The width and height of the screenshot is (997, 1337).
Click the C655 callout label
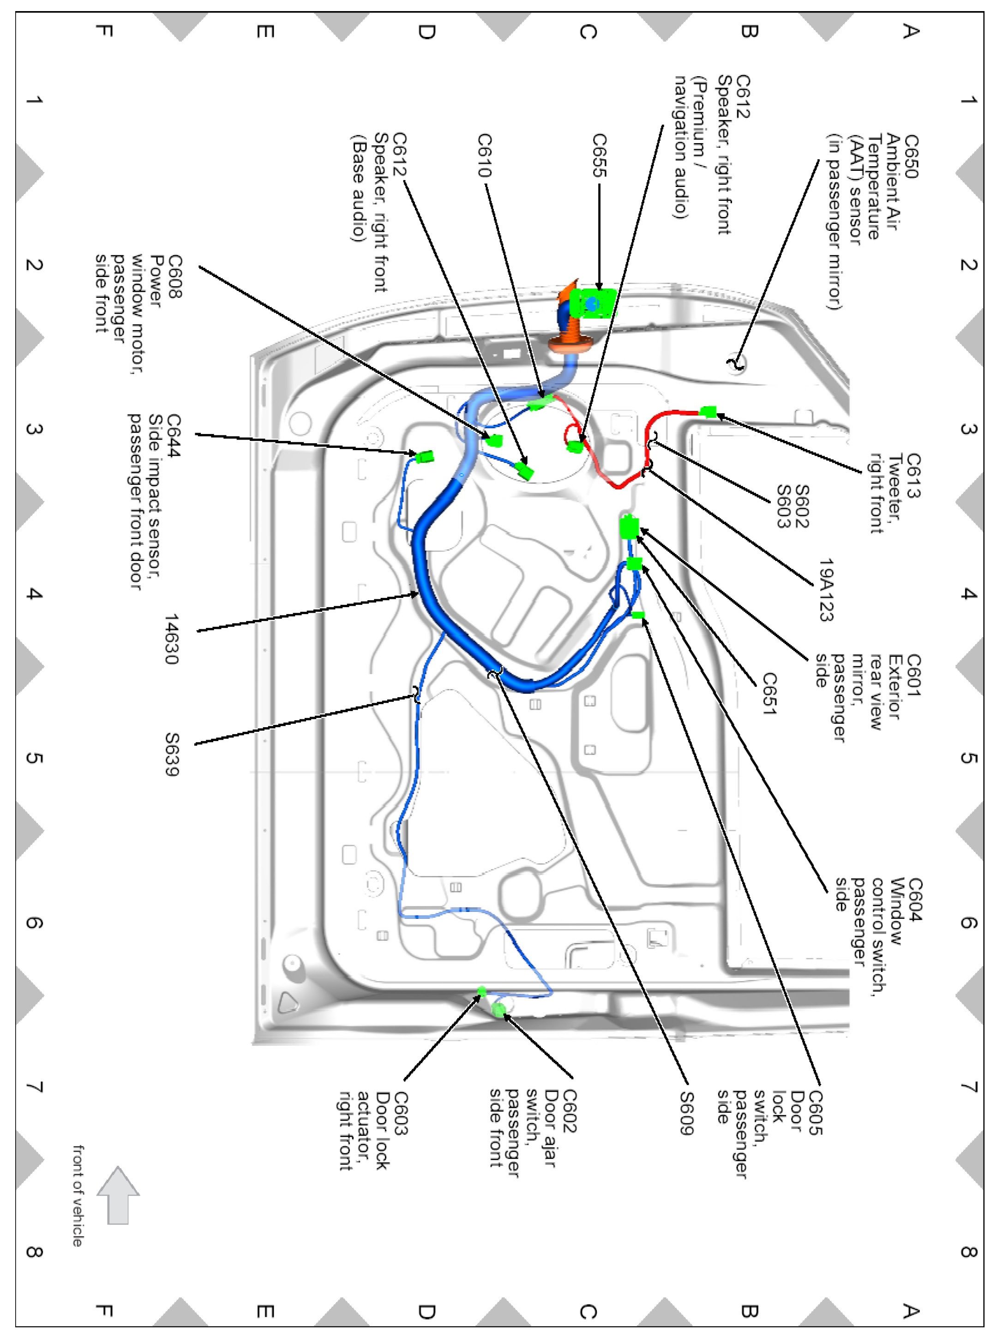pos(599,156)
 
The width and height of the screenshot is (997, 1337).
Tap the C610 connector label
pos(485,156)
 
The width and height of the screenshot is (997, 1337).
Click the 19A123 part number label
pos(826,589)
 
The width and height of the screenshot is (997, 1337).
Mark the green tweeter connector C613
pos(708,412)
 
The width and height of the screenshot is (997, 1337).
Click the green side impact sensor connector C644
pos(426,456)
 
